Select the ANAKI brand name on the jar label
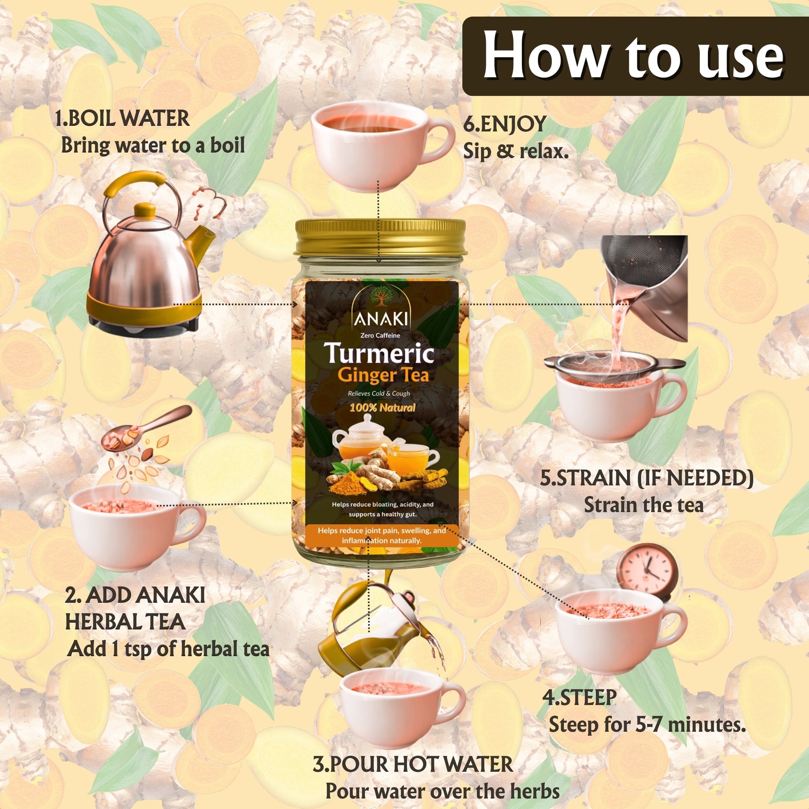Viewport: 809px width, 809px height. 381,319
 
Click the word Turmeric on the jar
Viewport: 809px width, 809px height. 379,354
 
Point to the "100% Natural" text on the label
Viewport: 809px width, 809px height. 382,408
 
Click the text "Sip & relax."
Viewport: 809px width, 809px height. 516,151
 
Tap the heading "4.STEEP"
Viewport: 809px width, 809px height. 580,698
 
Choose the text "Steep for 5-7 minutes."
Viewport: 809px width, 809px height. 647,725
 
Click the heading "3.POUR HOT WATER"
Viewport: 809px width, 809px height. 413,765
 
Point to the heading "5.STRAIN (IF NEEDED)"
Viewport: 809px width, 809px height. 647,478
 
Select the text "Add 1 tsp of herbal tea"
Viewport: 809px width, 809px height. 169,649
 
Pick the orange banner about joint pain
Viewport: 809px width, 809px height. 382,536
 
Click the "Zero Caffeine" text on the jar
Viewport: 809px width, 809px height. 380,335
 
